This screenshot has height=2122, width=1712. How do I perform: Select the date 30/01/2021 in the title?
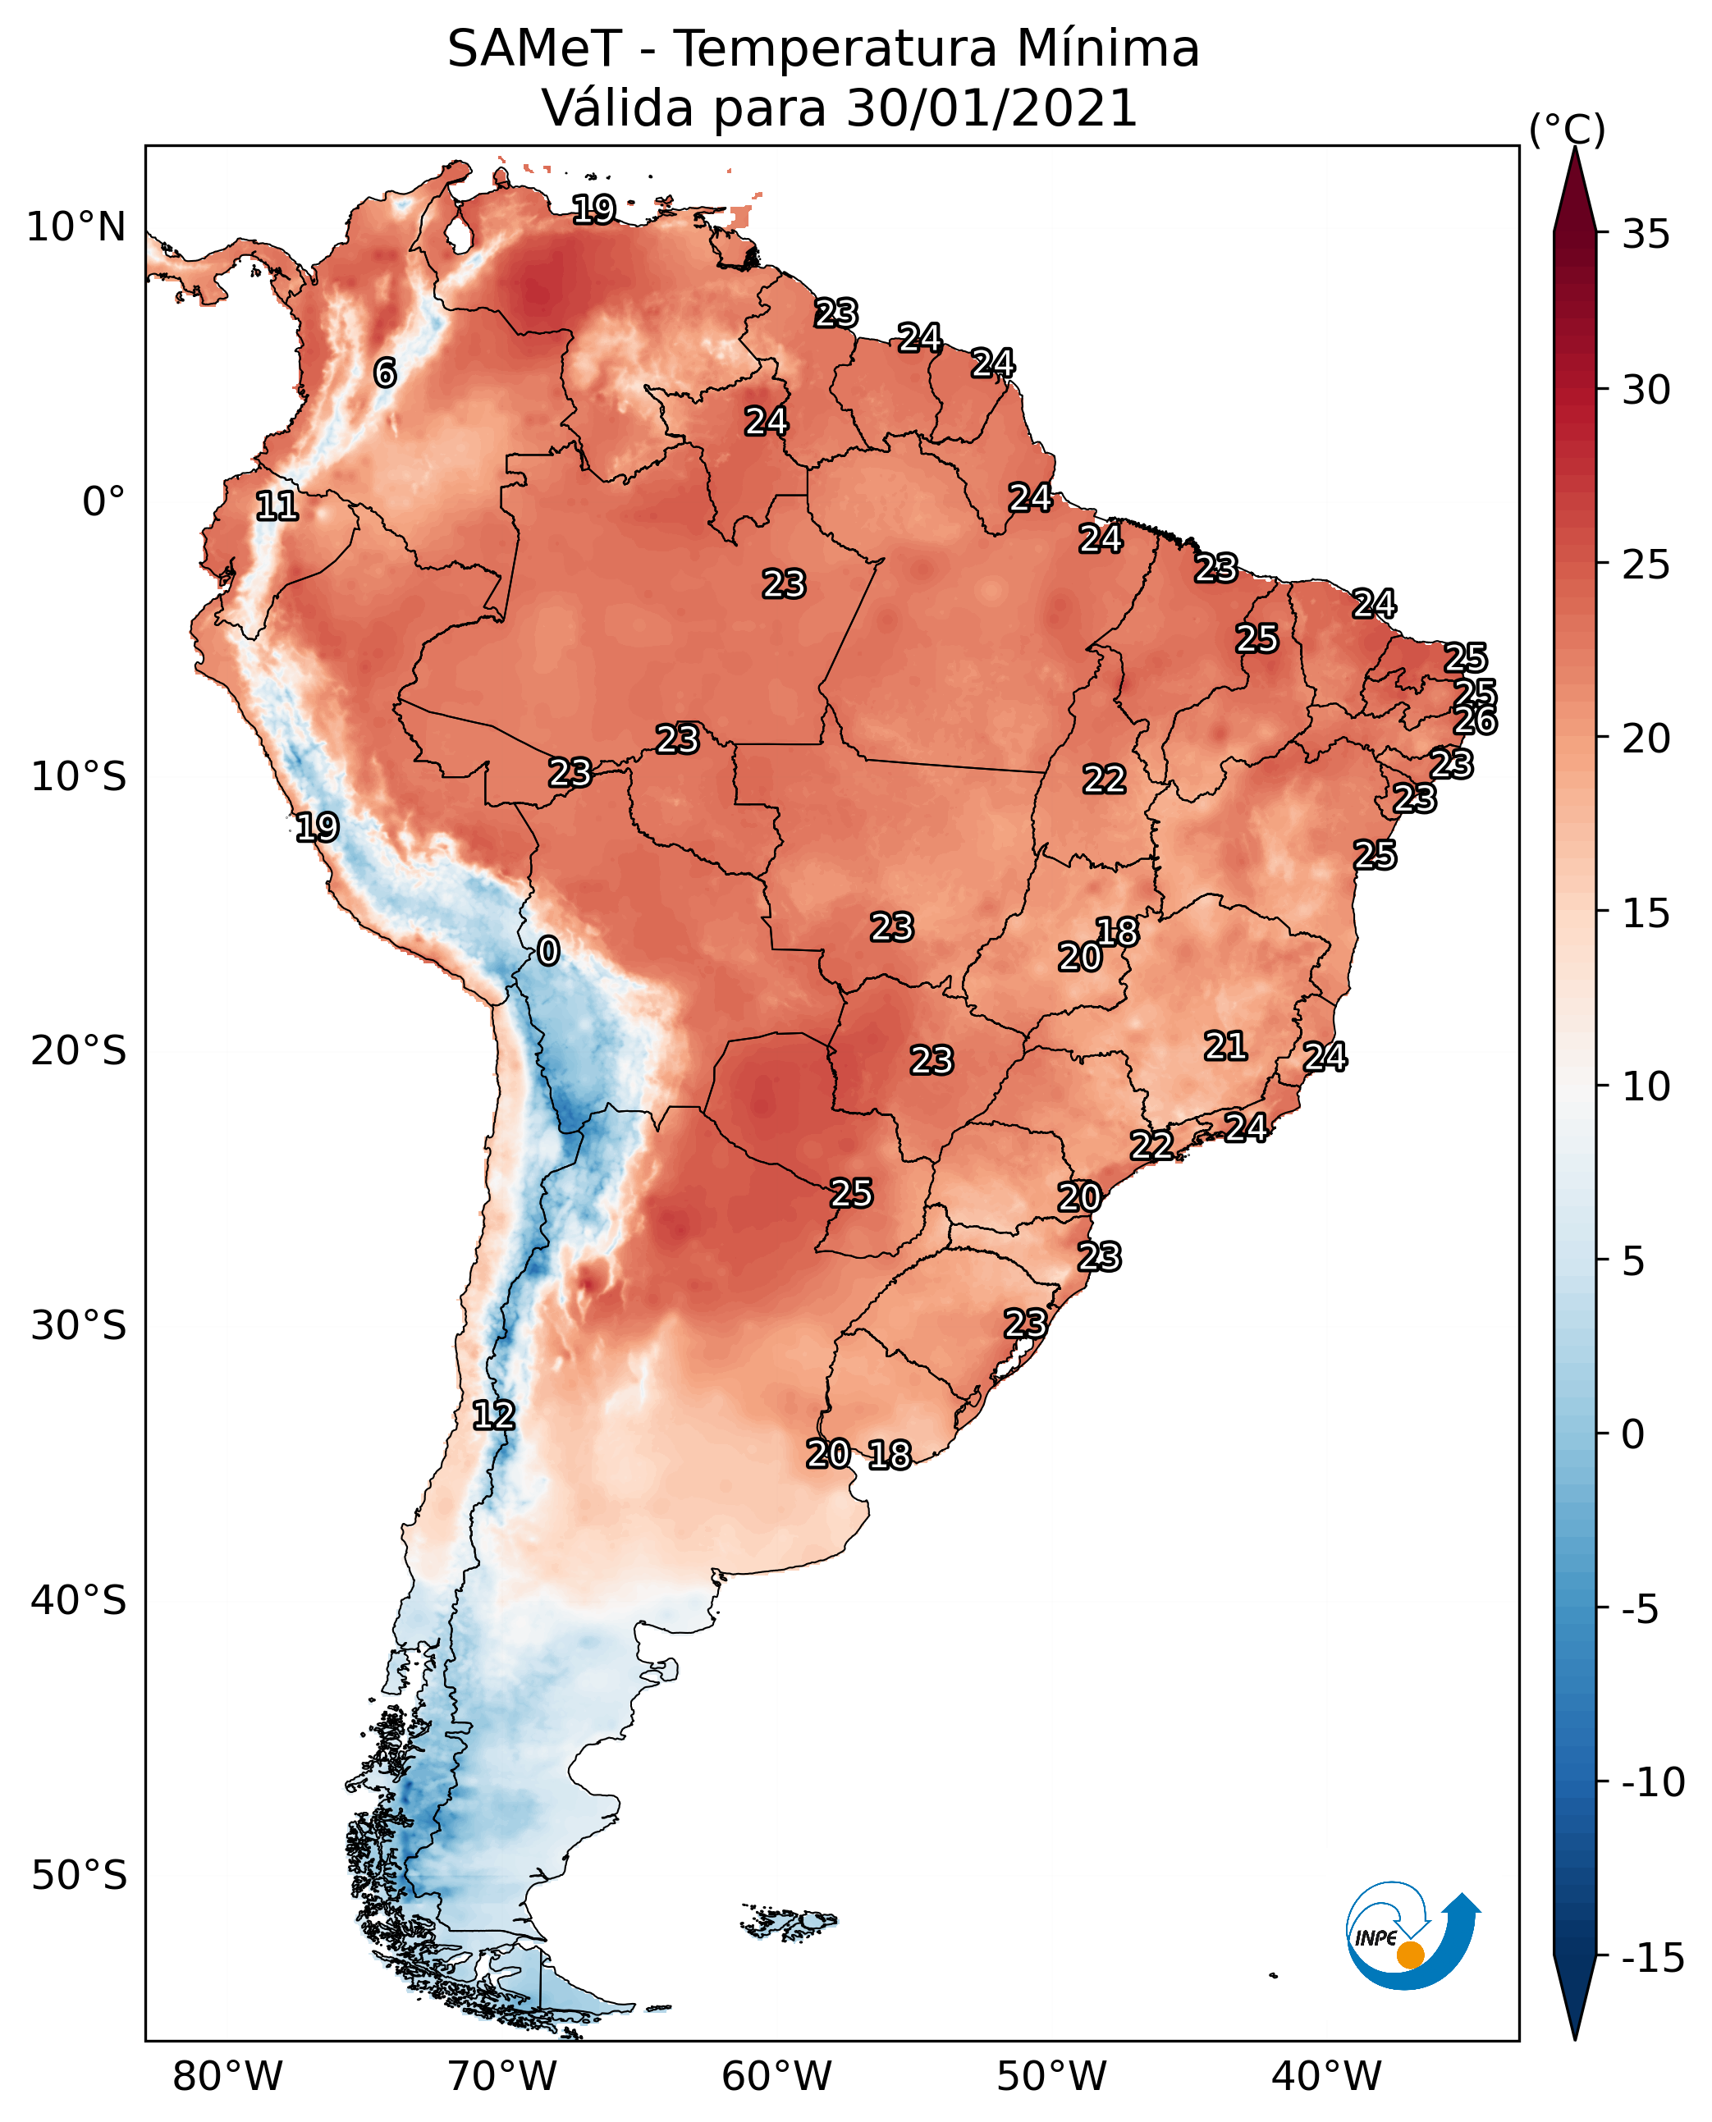tap(991, 107)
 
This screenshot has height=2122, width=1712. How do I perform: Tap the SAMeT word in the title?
tap(534, 48)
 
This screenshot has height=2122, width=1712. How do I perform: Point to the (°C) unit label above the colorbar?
tap(1567, 129)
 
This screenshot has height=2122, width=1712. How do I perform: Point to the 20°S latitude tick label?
tap(79, 1051)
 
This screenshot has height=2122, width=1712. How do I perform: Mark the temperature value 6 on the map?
tap(385, 373)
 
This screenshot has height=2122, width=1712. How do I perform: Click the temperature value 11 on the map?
tap(277, 507)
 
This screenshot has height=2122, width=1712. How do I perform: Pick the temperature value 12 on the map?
tap(493, 1416)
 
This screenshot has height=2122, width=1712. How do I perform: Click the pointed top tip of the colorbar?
tap(1575, 148)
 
